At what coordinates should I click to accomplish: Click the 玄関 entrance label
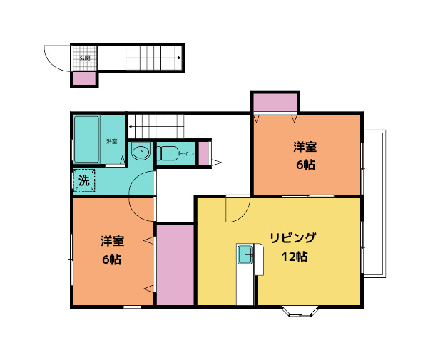coord(83,56)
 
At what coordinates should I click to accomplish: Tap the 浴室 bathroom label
coord(111,140)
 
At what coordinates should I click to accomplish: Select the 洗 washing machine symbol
coord(83,181)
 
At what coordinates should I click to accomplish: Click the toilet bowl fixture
coord(168,153)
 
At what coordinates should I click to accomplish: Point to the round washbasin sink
coord(141,152)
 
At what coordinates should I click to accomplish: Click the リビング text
coord(292,238)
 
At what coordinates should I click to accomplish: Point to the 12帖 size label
coord(292,257)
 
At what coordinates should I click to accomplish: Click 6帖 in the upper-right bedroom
coord(305,165)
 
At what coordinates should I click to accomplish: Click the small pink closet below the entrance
coord(85,78)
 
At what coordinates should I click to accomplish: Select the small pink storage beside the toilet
coord(203,153)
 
